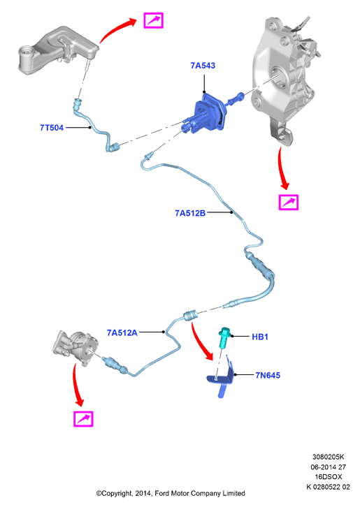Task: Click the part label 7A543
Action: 203,66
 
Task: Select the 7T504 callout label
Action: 52,128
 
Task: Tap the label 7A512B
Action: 190,213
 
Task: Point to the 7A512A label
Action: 122,332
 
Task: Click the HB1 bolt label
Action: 260,337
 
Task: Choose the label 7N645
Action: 268,376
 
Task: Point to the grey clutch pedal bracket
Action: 285,78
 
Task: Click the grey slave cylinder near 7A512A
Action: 75,348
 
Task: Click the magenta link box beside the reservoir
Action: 154,20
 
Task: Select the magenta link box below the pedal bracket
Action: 289,203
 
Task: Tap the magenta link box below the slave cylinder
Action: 83,419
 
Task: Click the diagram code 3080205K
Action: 328,457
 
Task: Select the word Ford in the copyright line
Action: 161,494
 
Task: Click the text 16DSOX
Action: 329,476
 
